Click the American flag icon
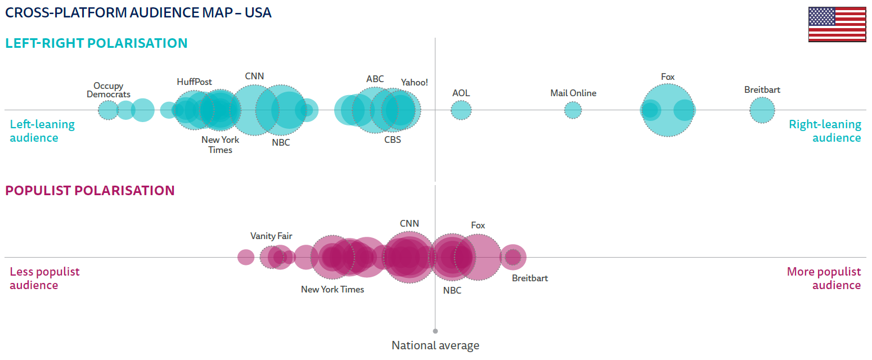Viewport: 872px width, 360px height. coord(837,24)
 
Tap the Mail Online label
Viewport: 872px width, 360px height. coord(573,93)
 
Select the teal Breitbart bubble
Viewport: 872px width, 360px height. coord(762,110)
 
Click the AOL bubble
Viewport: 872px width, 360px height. coord(461,110)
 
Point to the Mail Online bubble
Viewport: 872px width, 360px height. coord(573,110)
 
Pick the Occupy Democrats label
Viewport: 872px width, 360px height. coord(109,90)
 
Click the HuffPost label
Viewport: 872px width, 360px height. coord(194,82)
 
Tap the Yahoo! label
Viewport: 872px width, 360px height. coord(414,82)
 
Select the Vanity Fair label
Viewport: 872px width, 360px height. coord(271,236)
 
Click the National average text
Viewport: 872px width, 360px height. coord(435,345)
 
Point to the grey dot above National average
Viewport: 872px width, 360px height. coord(435,331)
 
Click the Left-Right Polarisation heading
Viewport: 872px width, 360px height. coord(96,43)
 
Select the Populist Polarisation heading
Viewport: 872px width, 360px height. coord(90,191)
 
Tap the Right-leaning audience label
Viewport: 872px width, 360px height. coord(825,131)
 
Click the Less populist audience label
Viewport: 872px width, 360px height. coord(44,278)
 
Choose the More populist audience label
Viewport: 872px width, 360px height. coord(824,278)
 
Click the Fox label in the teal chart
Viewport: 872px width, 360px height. coord(668,77)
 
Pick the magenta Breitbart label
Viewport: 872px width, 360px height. coord(529,278)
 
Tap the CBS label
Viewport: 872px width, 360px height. coord(393,139)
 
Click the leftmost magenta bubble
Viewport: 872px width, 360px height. coord(246,257)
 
